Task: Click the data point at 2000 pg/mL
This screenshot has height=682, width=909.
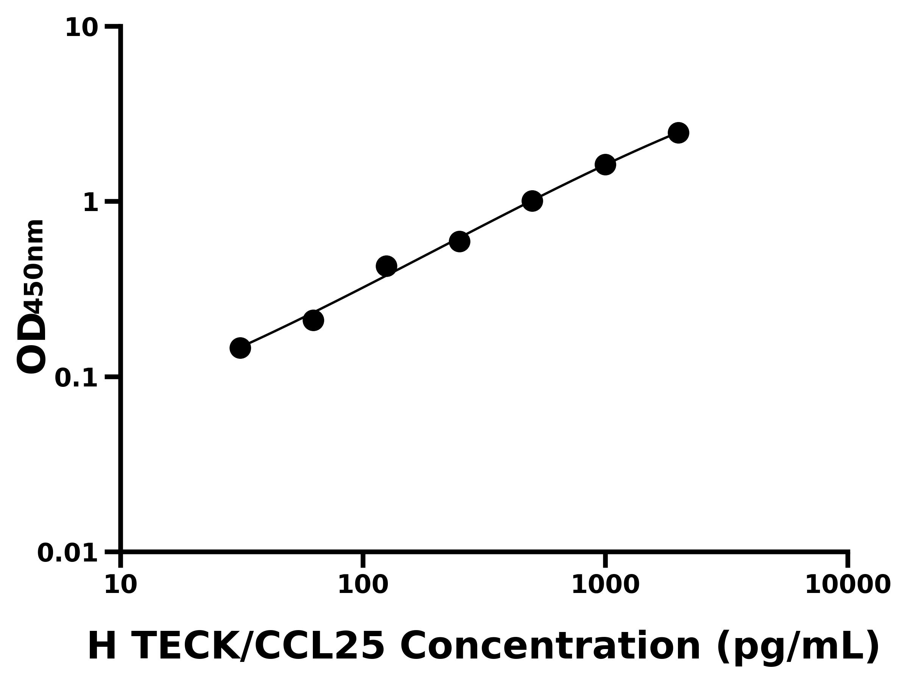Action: coord(678,133)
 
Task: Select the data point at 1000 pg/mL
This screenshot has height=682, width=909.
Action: coord(605,165)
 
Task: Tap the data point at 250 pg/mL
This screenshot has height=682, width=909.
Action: coord(459,241)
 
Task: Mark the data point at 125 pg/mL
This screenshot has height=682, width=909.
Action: coord(386,266)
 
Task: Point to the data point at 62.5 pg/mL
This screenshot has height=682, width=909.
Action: coord(313,320)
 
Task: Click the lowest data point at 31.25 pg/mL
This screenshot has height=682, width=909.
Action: coord(240,348)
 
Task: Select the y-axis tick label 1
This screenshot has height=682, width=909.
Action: coord(91,203)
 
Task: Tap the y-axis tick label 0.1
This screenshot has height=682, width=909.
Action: coord(77,378)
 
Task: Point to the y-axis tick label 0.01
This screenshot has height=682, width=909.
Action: coord(68,553)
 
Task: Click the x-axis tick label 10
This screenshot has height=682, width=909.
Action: coord(120,585)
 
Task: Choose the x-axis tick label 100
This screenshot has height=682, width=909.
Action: coord(363,585)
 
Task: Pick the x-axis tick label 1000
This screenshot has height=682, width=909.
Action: coord(605,585)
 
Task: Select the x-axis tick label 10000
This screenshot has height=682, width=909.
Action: coord(848,585)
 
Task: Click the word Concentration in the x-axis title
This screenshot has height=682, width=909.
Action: coord(551,647)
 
